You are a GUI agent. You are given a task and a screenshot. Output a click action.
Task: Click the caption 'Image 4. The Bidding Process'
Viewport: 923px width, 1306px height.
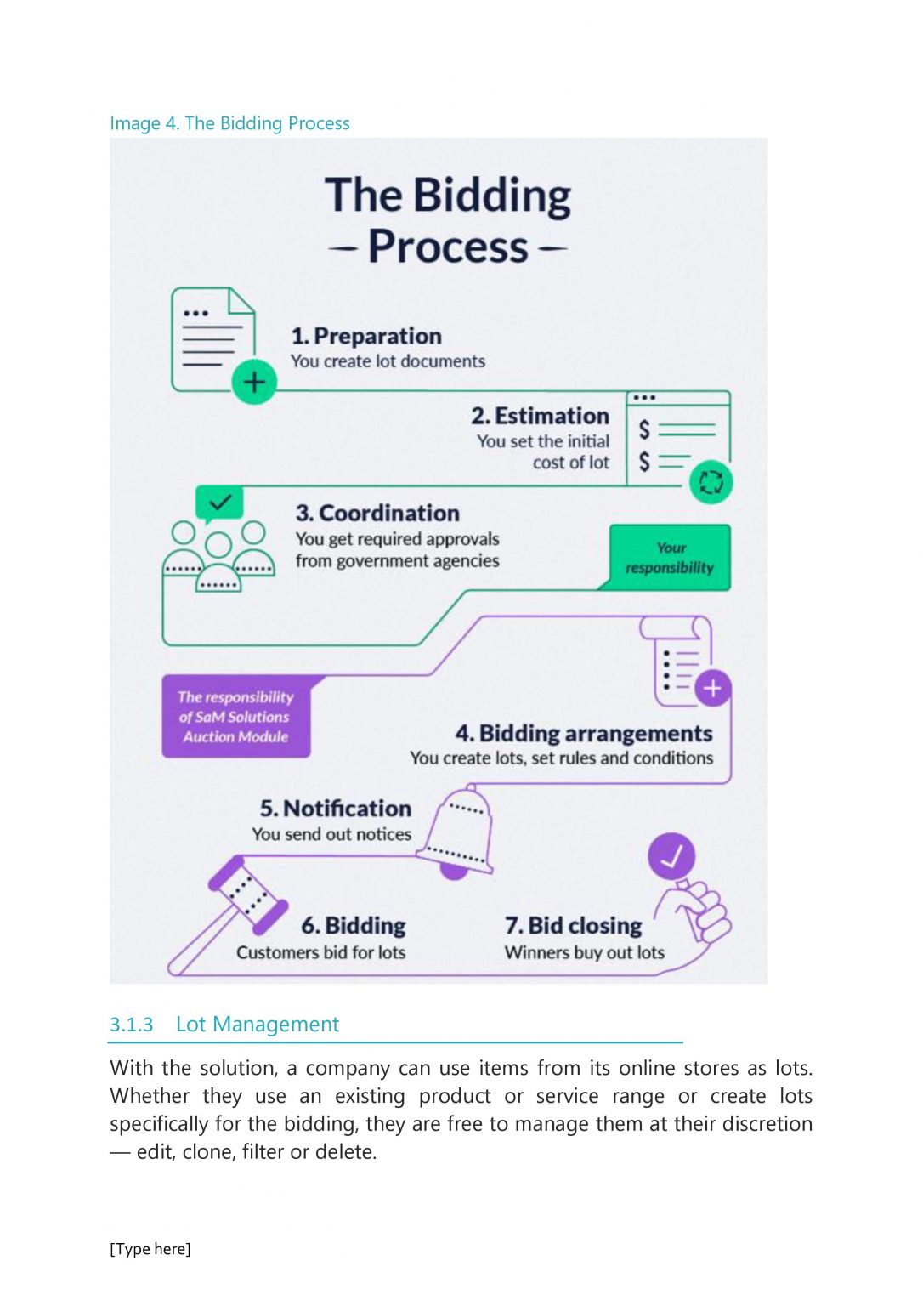[x=229, y=123]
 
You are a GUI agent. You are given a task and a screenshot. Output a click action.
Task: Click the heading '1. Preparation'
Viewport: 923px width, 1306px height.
[x=366, y=336]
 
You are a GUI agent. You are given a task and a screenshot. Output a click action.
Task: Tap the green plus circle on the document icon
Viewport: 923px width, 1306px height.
[x=254, y=382]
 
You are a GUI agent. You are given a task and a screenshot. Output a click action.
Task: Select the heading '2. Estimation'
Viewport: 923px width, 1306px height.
[x=540, y=416]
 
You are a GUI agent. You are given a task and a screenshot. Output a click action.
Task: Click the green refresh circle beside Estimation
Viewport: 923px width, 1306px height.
[x=711, y=482]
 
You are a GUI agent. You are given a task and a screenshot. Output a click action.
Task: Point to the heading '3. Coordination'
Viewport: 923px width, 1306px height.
[x=377, y=513]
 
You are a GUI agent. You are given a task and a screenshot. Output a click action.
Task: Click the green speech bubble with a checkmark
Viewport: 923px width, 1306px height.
[x=219, y=503]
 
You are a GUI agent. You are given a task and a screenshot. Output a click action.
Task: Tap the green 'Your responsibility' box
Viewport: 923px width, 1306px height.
[x=670, y=558]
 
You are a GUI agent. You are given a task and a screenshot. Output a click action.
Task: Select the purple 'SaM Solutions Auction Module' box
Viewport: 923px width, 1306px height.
[x=235, y=717]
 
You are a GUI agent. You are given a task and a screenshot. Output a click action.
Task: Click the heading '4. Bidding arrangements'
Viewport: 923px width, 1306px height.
[x=583, y=733]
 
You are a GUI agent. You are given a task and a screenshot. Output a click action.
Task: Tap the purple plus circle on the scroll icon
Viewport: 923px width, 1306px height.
[x=712, y=688]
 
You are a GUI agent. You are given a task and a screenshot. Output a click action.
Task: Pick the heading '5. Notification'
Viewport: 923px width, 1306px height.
[x=336, y=808]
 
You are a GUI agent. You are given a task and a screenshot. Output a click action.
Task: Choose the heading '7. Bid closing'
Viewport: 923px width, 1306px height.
[x=574, y=925]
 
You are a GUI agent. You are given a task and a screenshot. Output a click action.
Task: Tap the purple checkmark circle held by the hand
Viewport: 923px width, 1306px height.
[x=671, y=856]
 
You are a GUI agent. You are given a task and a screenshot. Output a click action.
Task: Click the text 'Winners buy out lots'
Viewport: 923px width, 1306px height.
[x=585, y=952]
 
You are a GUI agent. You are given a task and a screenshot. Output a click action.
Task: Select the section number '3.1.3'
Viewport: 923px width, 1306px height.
[x=132, y=1025]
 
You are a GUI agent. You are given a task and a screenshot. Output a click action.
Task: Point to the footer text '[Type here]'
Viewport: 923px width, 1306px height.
[x=150, y=1249]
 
